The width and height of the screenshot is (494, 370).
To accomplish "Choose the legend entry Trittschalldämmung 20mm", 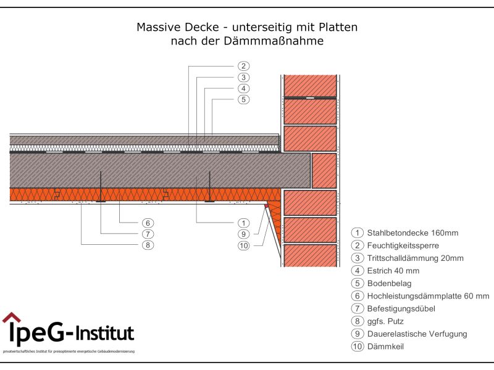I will pos(415,258).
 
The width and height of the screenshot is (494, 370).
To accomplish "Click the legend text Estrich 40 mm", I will pos(393,271).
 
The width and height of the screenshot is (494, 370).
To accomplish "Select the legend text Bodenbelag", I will pos(388,284).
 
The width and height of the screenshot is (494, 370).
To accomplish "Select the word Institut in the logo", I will pos(104,334).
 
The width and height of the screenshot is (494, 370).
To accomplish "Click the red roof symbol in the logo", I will pos(11,318).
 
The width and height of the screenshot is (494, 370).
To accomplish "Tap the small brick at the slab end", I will pos(324,171).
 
